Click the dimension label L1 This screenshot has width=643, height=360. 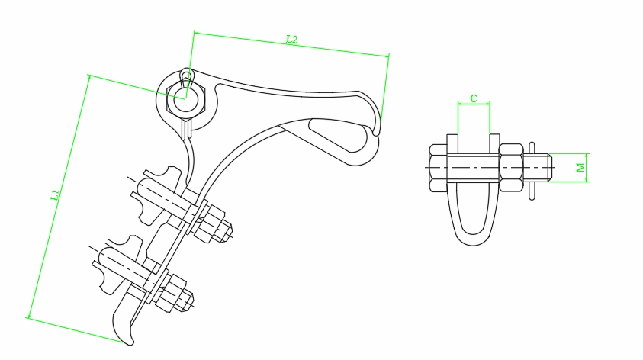pyautogui.click(x=54, y=197)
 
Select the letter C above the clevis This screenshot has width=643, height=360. pyautogui.click(x=474, y=98)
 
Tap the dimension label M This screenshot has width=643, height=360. pyautogui.click(x=581, y=166)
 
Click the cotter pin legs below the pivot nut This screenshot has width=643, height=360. pyautogui.click(x=185, y=130)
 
